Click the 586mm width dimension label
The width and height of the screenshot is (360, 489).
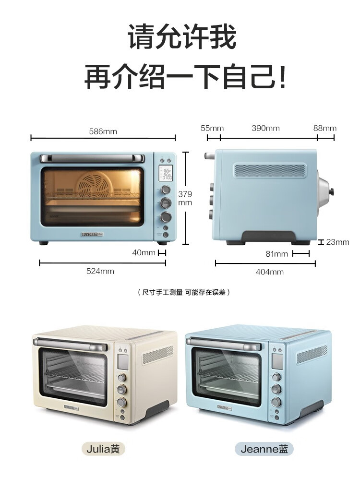[x=103, y=131]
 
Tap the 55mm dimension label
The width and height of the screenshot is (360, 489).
[x=212, y=128]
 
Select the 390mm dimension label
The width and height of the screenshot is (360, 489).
[x=265, y=128]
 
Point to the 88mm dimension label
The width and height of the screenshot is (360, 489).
[x=325, y=128]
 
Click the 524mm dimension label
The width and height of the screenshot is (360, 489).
[x=100, y=271]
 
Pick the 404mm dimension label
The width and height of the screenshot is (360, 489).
[x=269, y=272]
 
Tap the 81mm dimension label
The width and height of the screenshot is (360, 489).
[x=277, y=254]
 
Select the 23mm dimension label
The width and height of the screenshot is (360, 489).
[x=337, y=242]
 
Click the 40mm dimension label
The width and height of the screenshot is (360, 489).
[x=144, y=252]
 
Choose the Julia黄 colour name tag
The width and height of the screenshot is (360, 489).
[x=103, y=449]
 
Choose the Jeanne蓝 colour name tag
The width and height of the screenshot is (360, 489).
[x=264, y=449]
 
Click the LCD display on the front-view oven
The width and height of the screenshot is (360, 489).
[x=166, y=174]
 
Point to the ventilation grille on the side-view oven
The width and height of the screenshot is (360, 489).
[x=270, y=171]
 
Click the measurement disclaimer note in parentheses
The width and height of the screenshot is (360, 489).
[x=183, y=292]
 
